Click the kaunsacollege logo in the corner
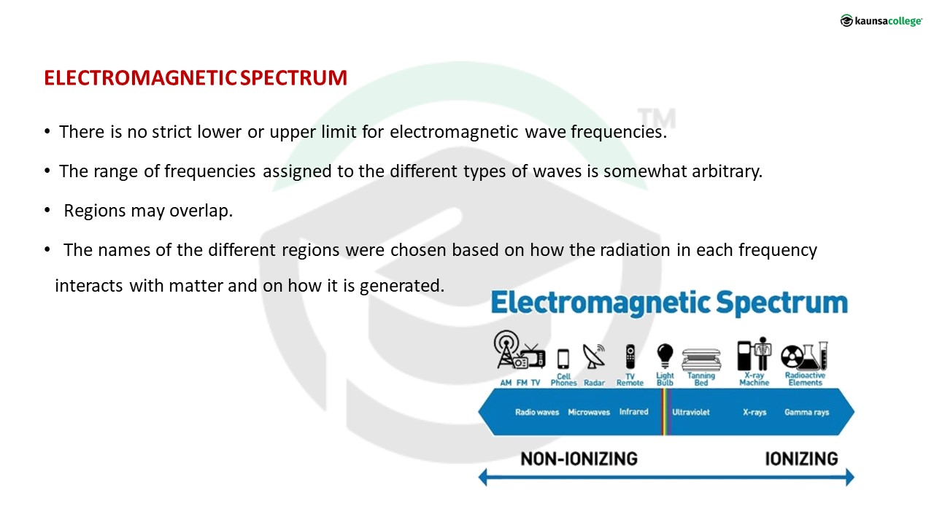(x=881, y=20)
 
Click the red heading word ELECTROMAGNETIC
(x=141, y=78)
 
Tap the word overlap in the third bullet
(x=201, y=211)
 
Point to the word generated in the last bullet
(x=402, y=287)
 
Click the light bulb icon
(x=665, y=357)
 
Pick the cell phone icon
(x=563, y=359)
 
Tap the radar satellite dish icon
(x=594, y=357)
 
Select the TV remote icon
(x=630, y=357)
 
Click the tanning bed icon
(x=701, y=359)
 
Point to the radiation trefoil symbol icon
(x=791, y=357)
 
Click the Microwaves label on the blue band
(x=589, y=413)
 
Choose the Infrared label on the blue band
(x=634, y=412)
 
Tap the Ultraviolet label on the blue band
(x=690, y=413)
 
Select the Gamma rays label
(x=806, y=413)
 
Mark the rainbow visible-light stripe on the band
(x=665, y=412)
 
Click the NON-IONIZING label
(x=579, y=459)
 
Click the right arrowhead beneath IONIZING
(x=850, y=478)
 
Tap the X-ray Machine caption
(x=754, y=379)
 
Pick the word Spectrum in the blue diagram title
(x=781, y=303)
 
